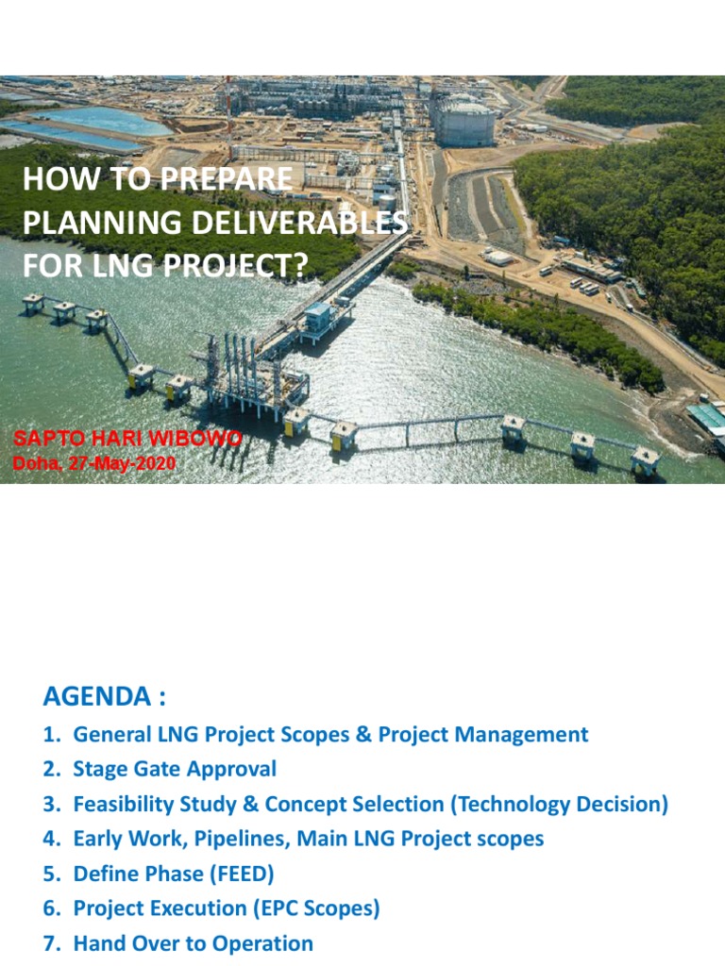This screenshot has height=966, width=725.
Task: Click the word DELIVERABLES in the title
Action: (307, 223)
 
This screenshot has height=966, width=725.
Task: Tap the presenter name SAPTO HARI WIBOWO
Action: (127, 440)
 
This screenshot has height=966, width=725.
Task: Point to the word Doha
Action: (31, 463)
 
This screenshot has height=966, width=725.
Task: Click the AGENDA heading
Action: (104, 697)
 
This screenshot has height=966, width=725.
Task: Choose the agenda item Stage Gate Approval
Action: (175, 769)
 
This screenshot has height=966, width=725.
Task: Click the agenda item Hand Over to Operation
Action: (193, 943)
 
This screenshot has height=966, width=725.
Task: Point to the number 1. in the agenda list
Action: (51, 734)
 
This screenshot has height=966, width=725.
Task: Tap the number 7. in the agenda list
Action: (51, 943)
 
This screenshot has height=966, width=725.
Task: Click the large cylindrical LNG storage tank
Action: (463, 120)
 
